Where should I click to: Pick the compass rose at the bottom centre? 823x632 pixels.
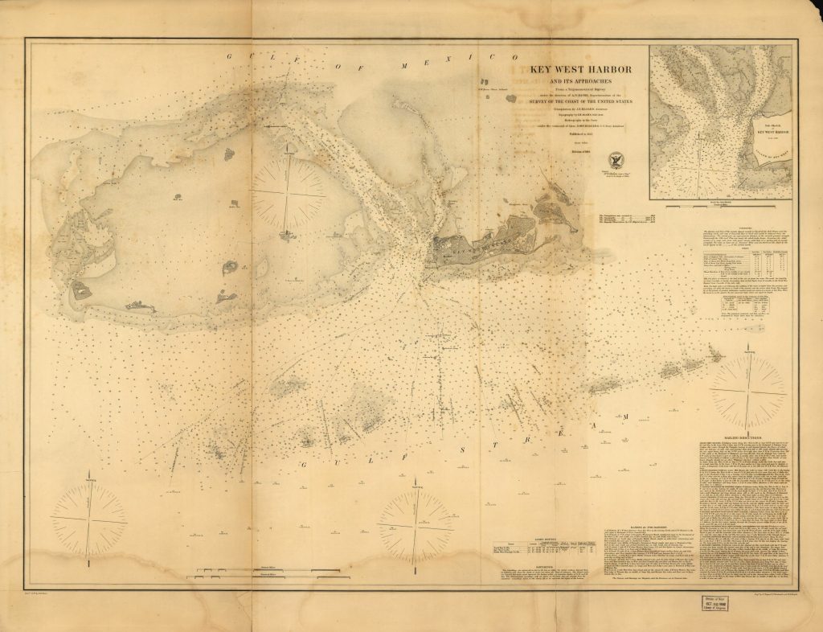415,525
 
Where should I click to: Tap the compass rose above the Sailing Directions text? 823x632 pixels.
748,393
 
